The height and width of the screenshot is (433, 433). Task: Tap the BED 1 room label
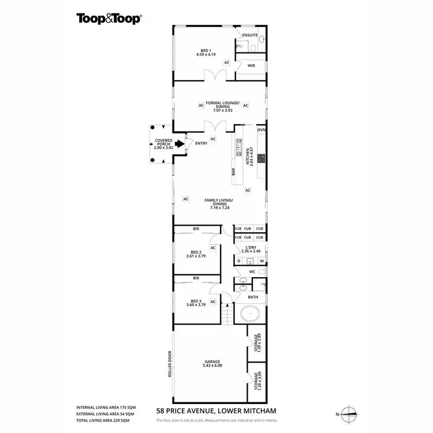[x=205, y=52]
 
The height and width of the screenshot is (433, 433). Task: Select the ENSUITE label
[x=250, y=35]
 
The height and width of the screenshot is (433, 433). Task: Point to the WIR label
[x=251, y=66]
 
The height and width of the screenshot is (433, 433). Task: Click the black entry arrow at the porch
[x=180, y=144]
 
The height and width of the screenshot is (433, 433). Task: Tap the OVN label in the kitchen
[x=261, y=130]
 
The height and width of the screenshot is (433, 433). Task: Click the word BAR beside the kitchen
[x=234, y=171]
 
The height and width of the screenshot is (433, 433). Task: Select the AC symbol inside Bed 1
[x=227, y=62]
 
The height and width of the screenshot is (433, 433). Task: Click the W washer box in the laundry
[x=261, y=261]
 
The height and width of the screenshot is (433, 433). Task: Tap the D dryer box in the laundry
[x=239, y=261]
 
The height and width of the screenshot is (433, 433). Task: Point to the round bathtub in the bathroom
[x=251, y=315]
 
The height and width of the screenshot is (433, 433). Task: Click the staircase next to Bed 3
[x=227, y=314]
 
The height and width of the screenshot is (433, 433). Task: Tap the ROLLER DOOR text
[x=171, y=364]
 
